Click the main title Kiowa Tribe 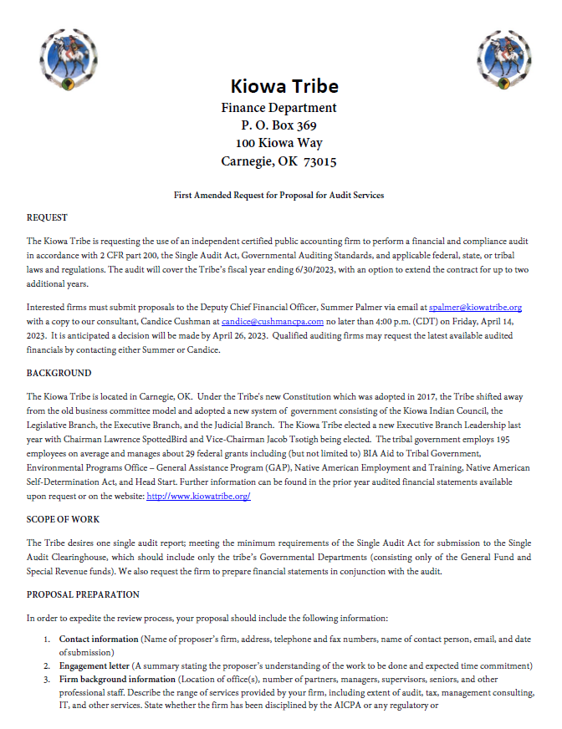click(x=284, y=86)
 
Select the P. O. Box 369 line click(x=278, y=125)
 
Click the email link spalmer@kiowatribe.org click(x=475, y=308)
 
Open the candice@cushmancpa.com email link click(x=272, y=321)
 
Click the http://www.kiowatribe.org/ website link click(x=198, y=496)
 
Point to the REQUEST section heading click(x=47, y=218)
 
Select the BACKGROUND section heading click(x=59, y=373)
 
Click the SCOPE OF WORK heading click(x=64, y=519)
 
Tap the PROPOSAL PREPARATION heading click(x=83, y=594)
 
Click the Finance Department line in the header click(x=278, y=107)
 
